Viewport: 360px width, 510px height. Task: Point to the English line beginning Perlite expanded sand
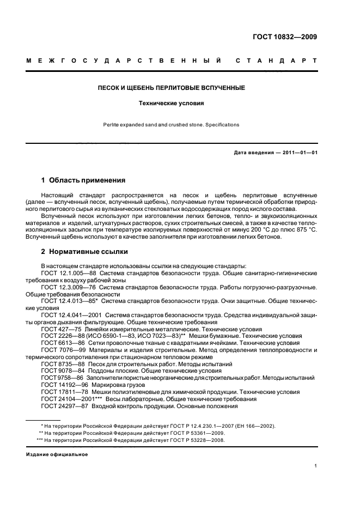pyautogui.click(x=171, y=125)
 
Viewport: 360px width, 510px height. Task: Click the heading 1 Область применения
pyautogui.click(x=83, y=179)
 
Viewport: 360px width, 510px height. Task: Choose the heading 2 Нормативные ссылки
pyautogui.click(x=85, y=252)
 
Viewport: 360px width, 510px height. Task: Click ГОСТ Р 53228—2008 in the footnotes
pyautogui.click(x=196, y=440)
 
